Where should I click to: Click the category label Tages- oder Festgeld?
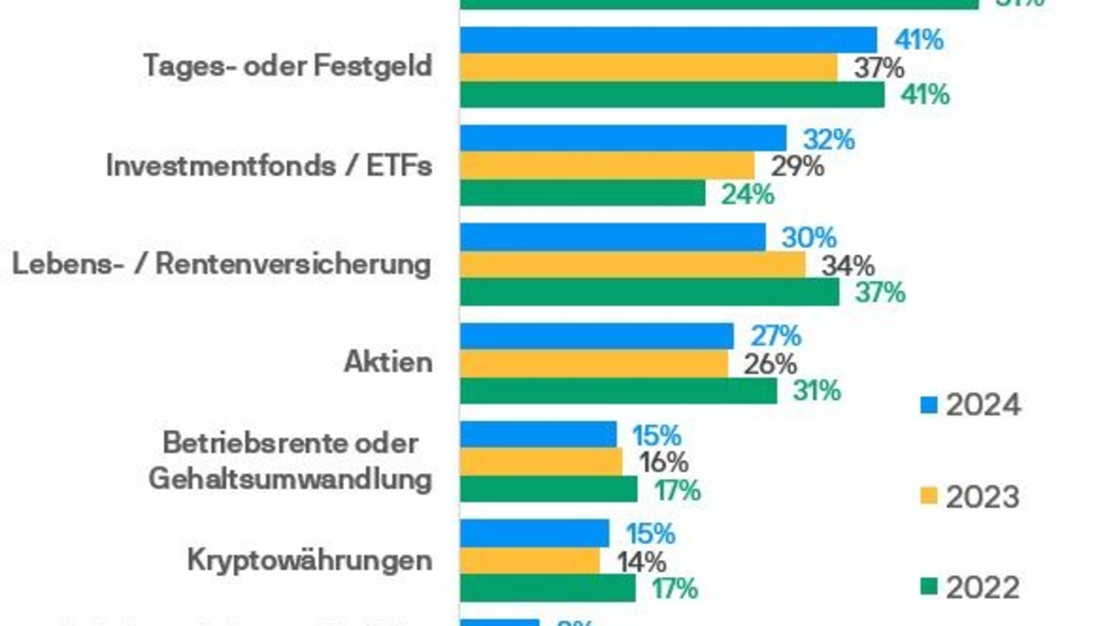coord(288,67)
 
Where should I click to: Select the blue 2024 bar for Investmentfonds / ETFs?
coord(623,139)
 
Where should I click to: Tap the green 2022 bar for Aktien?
coord(619,390)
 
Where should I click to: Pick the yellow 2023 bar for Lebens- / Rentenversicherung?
coord(633,265)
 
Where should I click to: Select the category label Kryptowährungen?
coord(309,560)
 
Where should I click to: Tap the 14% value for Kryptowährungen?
coord(640,561)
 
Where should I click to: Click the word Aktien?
coord(387,362)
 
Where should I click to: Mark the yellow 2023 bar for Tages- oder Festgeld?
coord(649,67)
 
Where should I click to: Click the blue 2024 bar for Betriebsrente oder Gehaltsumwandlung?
coord(539,434)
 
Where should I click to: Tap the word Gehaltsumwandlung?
coord(289,480)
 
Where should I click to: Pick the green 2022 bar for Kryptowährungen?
coord(548,588)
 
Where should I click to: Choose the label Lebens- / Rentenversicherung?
coord(222,264)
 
